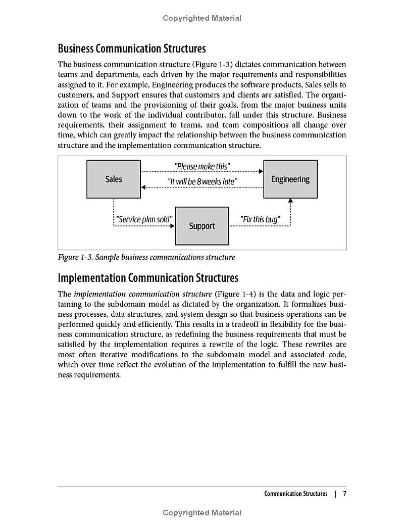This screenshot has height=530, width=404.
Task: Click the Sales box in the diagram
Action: (x=114, y=179)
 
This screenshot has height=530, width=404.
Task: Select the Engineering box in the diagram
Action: (x=290, y=179)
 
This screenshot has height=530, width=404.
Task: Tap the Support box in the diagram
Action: (x=202, y=226)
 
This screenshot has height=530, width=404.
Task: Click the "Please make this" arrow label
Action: (x=202, y=167)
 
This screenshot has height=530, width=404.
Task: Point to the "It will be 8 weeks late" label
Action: (x=202, y=181)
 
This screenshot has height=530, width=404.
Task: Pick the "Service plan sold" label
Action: (x=144, y=220)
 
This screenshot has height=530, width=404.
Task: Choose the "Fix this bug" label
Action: (x=260, y=220)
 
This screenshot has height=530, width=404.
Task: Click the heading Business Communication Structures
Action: (x=132, y=49)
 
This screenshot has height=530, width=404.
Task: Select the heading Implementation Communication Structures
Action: (x=148, y=278)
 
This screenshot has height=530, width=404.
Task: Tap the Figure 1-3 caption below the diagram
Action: (x=146, y=257)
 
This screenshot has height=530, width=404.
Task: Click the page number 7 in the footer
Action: (x=344, y=494)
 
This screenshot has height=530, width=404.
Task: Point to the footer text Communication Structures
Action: (x=295, y=494)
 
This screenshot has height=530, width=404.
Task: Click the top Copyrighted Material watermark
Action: (x=202, y=18)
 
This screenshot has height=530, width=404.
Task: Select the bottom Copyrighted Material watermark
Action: (x=202, y=513)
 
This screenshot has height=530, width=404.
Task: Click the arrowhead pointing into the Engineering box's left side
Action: (x=261, y=171)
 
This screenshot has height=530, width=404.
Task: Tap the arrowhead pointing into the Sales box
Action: (x=143, y=187)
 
